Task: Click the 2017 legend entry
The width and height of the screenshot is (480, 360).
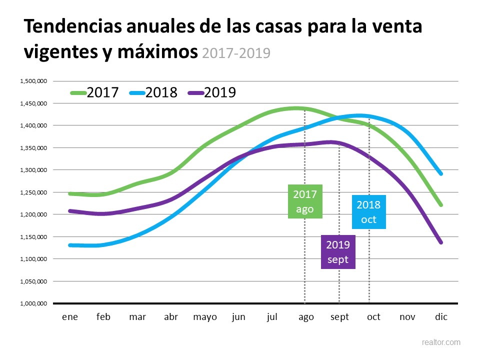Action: [95, 92]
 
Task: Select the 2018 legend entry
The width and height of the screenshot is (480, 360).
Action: [153, 92]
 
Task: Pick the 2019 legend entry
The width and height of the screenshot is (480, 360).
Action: [212, 92]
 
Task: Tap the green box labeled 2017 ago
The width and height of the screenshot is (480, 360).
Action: [305, 201]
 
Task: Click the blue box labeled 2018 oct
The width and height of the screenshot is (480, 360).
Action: [368, 212]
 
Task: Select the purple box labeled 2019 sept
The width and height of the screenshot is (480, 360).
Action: [338, 252]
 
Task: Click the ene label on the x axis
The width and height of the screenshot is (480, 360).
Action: [69, 317]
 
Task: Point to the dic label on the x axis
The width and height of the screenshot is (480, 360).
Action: [440, 317]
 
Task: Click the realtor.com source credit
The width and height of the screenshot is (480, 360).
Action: [441, 342]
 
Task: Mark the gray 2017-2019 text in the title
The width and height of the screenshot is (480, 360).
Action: [236, 52]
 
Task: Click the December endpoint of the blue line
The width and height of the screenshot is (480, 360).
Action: [440, 173]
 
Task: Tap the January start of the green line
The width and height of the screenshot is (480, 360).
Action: [70, 193]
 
